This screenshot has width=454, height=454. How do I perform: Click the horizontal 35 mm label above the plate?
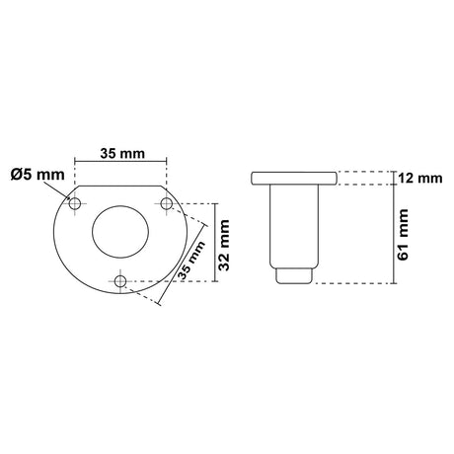point(120,154)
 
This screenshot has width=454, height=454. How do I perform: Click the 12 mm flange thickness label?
point(417,179)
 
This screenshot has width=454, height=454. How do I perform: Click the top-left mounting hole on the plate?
point(74,202)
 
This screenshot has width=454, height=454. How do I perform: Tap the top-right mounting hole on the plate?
point(167,202)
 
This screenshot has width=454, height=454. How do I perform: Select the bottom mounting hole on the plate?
point(120,282)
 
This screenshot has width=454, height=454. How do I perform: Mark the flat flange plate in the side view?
point(293,179)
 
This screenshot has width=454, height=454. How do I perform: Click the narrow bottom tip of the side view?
point(293,275)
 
